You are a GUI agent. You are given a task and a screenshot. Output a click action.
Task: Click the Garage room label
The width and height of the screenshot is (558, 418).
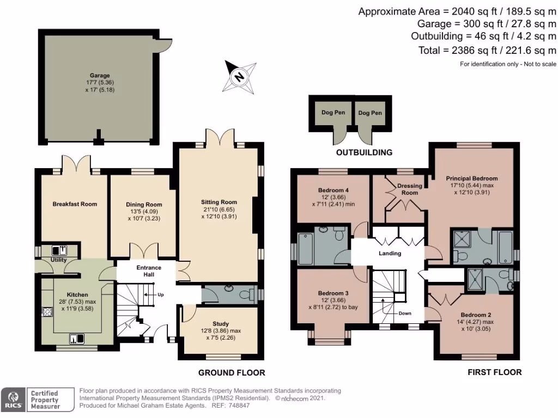[100, 76]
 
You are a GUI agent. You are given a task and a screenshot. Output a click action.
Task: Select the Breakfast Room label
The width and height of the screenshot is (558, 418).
[75, 204]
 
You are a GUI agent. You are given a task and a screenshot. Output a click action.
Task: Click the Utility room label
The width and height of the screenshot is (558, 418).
[58, 260]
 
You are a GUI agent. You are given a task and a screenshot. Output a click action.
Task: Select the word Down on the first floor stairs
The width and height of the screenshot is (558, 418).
[404, 313]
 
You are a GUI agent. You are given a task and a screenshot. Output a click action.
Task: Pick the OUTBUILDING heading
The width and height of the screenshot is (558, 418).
[364, 152]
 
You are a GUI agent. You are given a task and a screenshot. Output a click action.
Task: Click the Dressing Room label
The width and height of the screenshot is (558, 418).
[410, 189]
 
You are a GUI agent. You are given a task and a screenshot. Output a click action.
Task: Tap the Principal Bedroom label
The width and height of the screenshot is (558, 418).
[471, 178]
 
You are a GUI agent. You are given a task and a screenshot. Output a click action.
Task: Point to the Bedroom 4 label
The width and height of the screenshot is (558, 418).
[332, 190]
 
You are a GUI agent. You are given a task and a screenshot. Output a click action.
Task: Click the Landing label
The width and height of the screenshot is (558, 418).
[390, 253]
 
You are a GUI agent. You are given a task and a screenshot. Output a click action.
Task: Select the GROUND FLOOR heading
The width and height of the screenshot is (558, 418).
[231, 373]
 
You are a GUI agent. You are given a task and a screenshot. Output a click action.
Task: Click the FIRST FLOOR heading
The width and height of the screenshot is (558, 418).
[494, 372]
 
